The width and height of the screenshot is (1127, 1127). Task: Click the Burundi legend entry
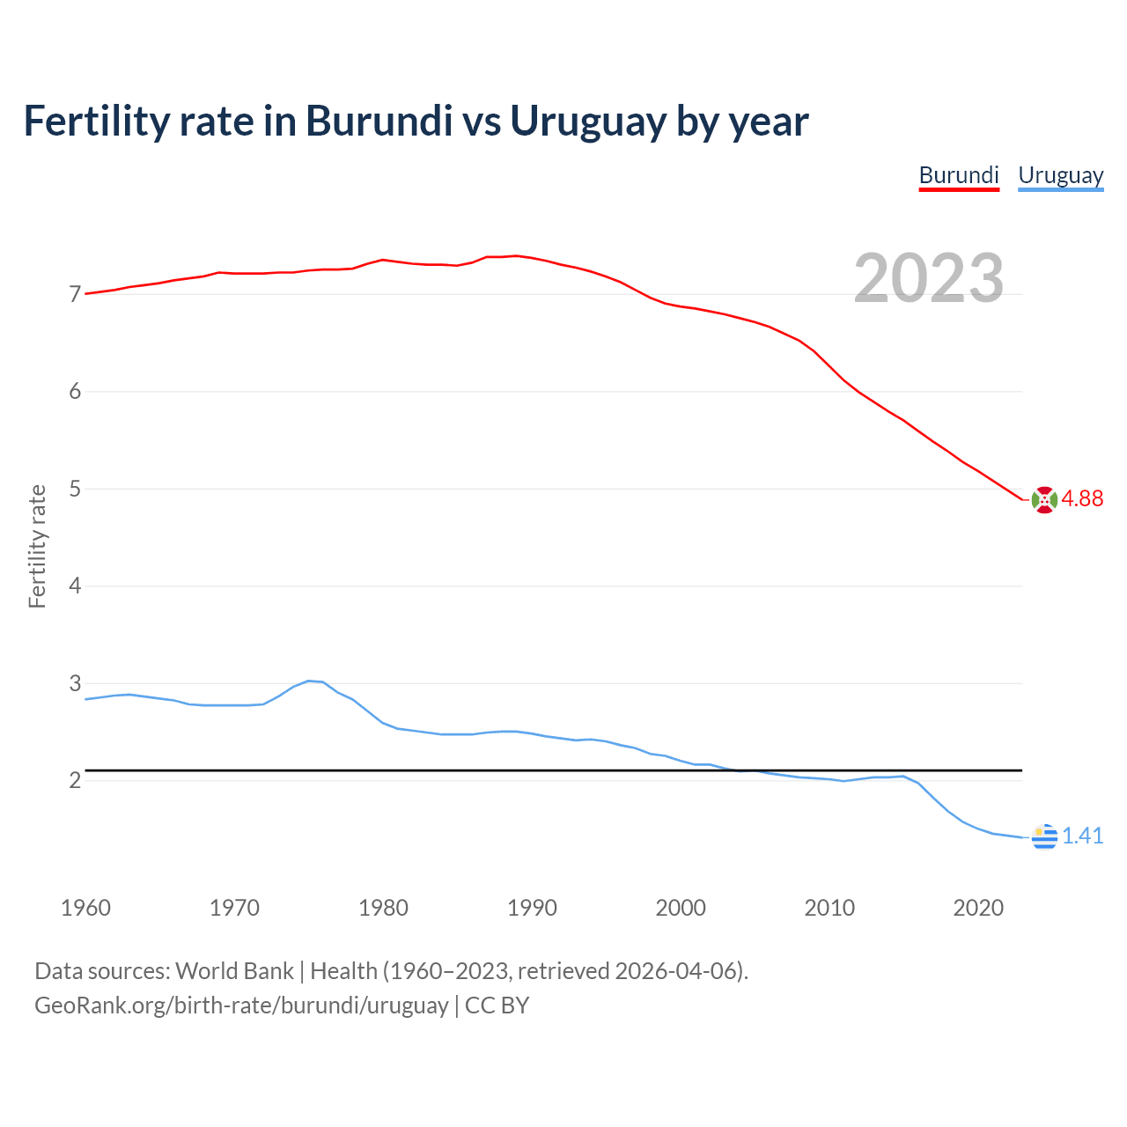click(959, 175)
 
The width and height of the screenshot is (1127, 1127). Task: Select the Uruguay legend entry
click(1060, 175)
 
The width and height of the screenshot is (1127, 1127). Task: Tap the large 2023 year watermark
click(929, 278)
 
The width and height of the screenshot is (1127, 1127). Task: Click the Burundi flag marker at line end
click(1044, 499)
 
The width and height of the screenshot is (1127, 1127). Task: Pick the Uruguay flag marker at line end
click(1044, 836)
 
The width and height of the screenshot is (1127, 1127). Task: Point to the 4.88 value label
click(1082, 498)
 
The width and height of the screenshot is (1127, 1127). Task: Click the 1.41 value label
click(1082, 836)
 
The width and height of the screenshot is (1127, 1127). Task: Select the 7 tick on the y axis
click(75, 294)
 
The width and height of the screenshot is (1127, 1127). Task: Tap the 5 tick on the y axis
click(75, 489)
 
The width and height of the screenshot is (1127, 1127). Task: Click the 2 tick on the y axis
click(75, 781)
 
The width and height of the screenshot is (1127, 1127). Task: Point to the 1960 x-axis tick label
click(85, 908)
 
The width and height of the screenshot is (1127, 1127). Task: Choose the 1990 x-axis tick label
click(532, 908)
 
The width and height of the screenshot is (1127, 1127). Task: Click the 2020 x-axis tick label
click(978, 908)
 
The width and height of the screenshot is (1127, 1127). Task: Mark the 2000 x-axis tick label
click(681, 908)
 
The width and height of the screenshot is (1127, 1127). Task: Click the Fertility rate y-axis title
click(37, 546)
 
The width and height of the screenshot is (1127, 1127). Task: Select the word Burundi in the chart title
click(379, 121)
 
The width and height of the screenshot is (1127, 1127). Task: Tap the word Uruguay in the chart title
click(587, 121)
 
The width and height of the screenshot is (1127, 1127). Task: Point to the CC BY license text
click(497, 1005)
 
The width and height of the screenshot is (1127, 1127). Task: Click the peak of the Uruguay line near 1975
click(309, 681)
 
